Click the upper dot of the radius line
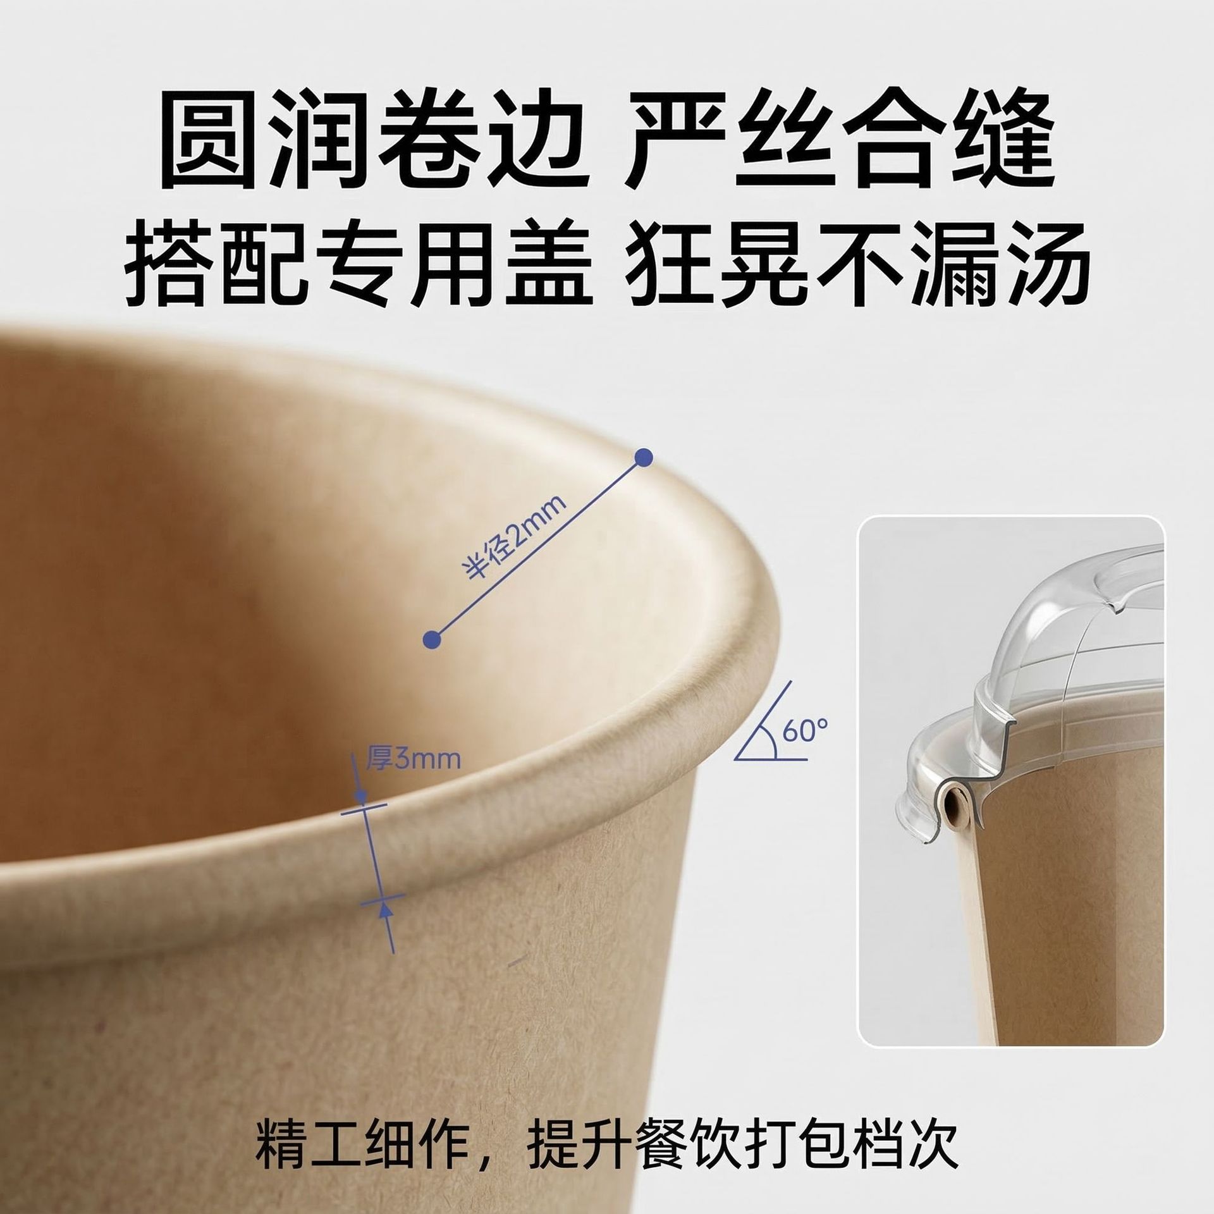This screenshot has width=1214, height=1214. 643,457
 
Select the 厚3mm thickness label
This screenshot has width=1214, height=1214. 412,758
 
